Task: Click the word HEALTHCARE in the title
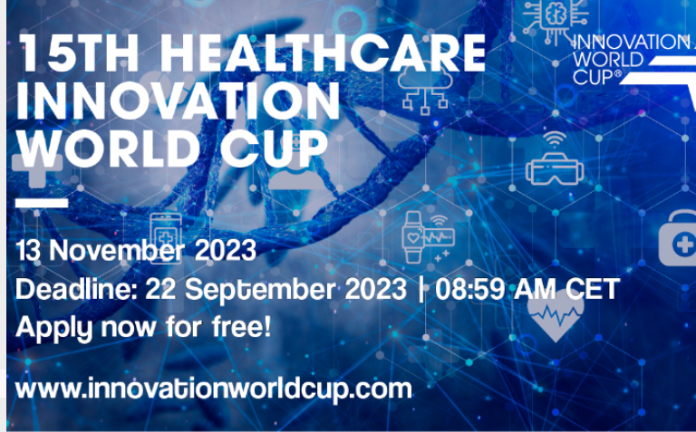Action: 324,53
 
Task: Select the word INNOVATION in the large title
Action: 178,101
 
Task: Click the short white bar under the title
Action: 42,203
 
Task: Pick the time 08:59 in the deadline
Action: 470,289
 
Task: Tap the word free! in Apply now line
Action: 241,327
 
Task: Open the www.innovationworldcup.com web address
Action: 214,389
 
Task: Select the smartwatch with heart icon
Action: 429,237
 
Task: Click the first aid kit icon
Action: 677,238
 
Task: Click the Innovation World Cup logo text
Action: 632,60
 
